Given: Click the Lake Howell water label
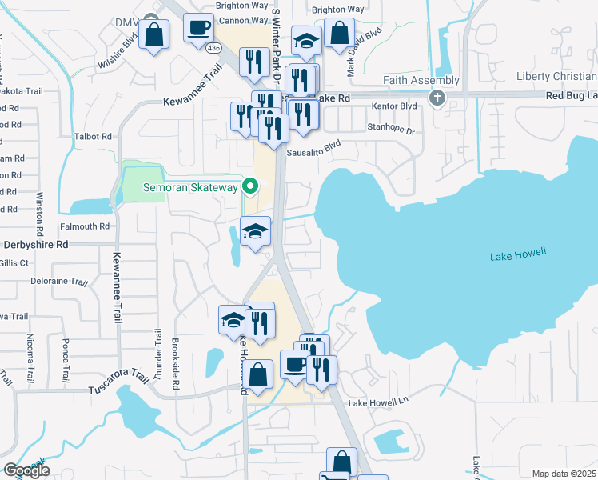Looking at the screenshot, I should click(x=517, y=254).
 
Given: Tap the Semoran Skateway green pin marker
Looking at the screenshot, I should click(x=250, y=188).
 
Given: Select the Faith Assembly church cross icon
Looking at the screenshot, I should click(x=437, y=98).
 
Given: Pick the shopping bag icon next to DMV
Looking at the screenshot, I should click(x=153, y=36).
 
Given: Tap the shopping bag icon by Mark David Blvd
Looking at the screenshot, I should click(x=340, y=34).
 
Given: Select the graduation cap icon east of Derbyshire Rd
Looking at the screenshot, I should click(x=256, y=232).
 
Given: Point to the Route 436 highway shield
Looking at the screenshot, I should click(x=213, y=48).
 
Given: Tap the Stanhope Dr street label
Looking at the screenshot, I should click(x=391, y=128).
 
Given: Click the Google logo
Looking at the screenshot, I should click(x=26, y=470).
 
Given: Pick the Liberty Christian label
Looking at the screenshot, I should click(x=556, y=77).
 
